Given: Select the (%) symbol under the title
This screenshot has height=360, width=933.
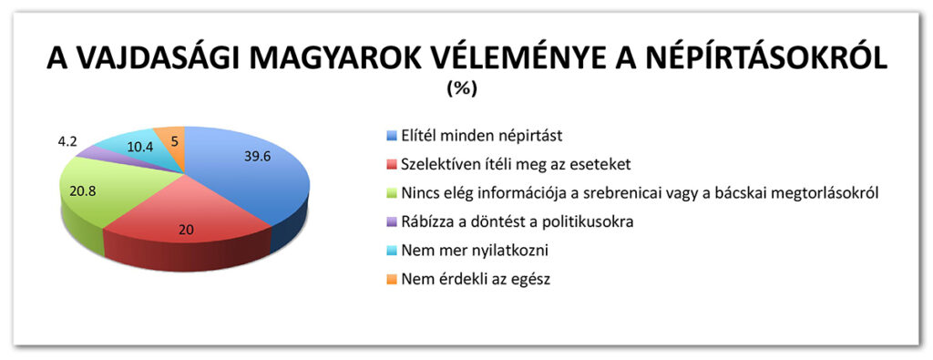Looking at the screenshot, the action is click(461, 89).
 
